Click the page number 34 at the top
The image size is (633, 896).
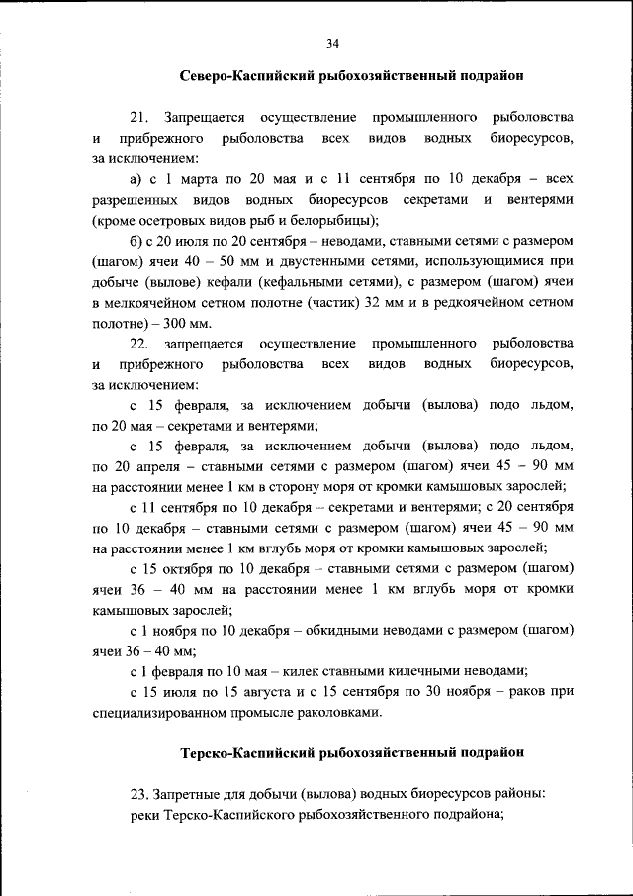click(332, 43)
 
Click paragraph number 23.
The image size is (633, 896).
click(138, 795)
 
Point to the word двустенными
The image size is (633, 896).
click(288, 262)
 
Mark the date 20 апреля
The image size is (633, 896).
click(136, 466)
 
